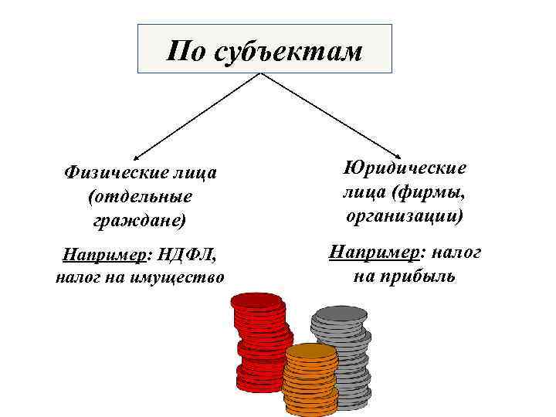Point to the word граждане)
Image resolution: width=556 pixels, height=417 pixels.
click(140, 220)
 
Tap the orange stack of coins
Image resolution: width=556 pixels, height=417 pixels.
click(311, 378)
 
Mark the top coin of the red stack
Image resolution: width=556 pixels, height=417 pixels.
click(256, 300)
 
